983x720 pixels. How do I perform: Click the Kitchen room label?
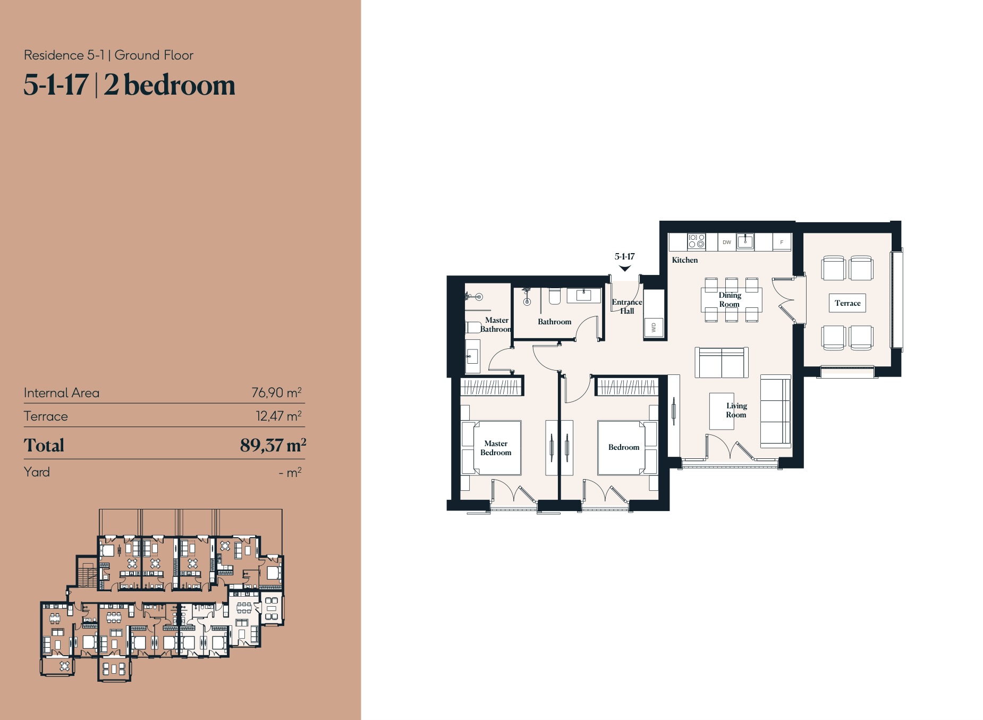[684, 260]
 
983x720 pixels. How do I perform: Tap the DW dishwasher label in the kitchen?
[726, 242]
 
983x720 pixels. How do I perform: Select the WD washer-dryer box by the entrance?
[654, 328]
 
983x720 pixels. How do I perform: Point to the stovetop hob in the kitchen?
[696, 241]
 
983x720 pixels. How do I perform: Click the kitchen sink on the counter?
[745, 241]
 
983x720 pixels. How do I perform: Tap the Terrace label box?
[848, 303]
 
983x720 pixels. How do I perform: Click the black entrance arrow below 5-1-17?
[625, 269]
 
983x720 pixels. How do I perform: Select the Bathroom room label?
[554, 322]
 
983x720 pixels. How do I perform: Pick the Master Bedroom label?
[496, 448]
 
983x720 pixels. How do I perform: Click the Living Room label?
[736, 410]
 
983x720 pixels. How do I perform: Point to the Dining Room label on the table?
[730, 299]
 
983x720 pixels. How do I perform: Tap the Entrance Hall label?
[627, 306]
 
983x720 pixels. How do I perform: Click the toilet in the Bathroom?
[554, 296]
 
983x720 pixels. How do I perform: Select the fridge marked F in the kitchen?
[782, 242]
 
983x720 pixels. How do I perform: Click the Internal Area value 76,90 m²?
[276, 392]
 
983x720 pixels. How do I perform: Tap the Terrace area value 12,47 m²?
[278, 416]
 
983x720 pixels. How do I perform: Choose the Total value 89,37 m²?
[273, 445]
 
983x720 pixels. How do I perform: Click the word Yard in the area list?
[37, 472]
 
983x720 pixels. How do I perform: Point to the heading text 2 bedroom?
[170, 85]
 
